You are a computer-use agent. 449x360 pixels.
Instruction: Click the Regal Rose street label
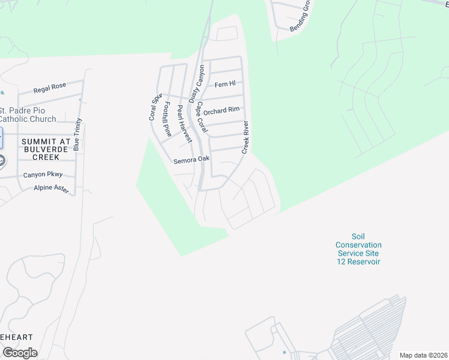point(50,88)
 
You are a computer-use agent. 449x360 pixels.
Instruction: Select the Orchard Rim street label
point(221,111)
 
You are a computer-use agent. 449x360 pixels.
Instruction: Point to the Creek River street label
point(246,137)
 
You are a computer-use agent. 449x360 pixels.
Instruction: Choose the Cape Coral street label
point(202,117)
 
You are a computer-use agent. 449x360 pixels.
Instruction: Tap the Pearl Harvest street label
point(184,125)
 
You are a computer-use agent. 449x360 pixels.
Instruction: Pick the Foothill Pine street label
point(167,119)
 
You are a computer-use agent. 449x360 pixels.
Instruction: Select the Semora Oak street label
point(191,160)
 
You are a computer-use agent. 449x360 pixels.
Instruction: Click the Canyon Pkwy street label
point(43,175)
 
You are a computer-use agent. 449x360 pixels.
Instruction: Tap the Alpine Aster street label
point(52,189)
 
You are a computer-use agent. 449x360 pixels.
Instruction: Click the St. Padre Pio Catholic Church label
point(28,115)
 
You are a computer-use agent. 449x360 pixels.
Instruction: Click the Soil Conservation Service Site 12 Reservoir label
point(358,249)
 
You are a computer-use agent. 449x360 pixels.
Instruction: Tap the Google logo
point(20,352)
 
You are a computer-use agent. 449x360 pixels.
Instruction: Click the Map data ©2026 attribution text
point(423,355)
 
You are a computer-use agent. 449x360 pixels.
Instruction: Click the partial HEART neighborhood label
point(16,337)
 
